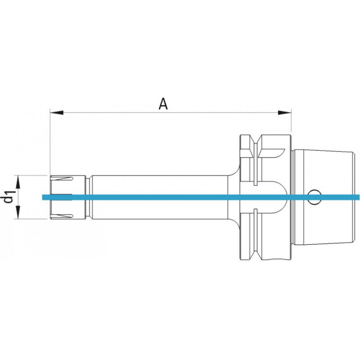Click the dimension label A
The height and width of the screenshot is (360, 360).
coord(163,104)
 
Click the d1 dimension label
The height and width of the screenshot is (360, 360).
coord(9,197)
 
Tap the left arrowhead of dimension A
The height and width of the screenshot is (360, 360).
coord(57,112)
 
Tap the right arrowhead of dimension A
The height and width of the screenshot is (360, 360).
coord(284,112)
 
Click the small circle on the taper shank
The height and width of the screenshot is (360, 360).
coord(314,197)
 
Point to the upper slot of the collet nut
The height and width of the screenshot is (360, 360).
coord(62,178)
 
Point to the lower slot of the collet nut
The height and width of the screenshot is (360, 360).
coord(62,216)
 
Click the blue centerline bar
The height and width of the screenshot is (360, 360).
coord(201,197)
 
